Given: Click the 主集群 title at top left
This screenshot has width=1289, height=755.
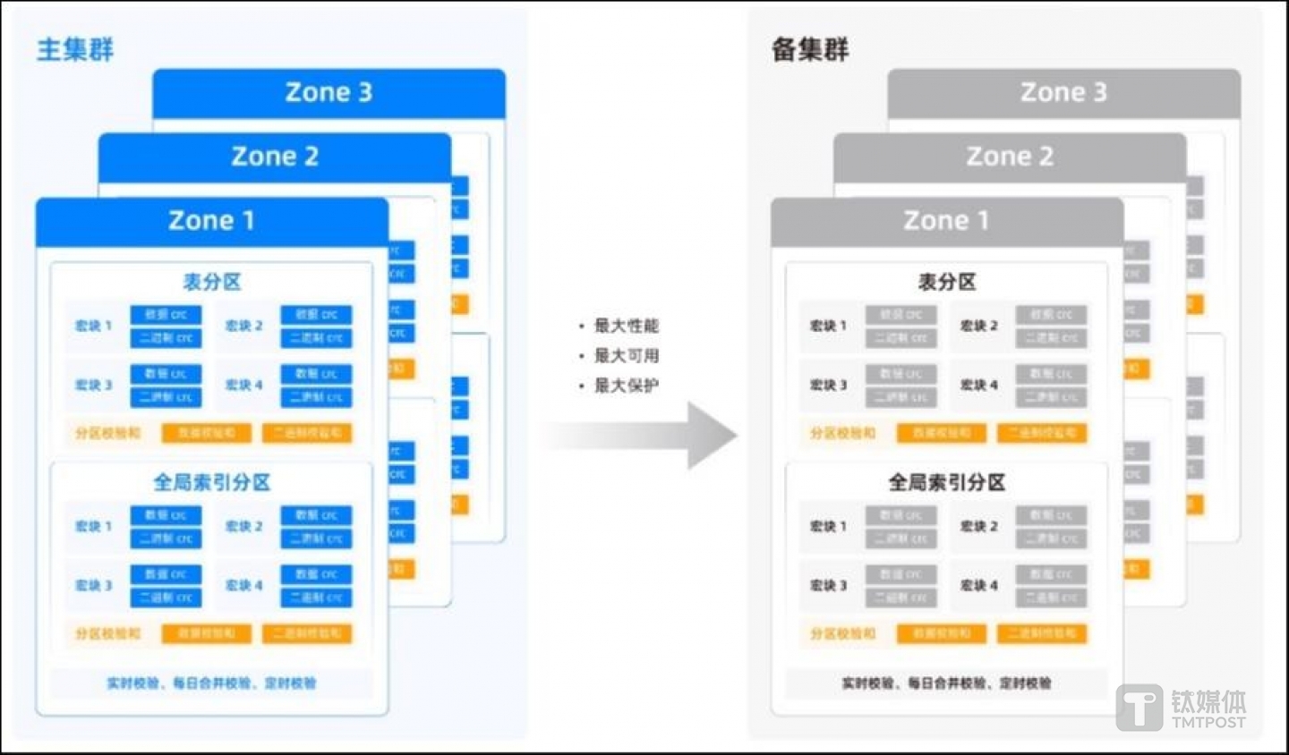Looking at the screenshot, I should [x=75, y=49].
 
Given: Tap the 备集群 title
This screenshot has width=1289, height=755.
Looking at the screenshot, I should [x=810, y=49].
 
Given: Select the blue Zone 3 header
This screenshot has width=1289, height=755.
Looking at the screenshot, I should [x=329, y=92].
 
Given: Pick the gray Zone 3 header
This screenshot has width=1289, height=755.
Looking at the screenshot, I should [x=1063, y=92].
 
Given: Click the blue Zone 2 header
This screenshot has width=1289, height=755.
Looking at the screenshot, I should [x=275, y=157].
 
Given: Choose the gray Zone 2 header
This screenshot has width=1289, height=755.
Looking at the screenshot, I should [x=1010, y=157].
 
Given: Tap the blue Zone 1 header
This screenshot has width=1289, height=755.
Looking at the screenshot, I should [x=211, y=220].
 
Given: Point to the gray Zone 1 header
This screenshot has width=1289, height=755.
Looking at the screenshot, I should [x=946, y=220].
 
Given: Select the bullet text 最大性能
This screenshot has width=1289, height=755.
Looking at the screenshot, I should [x=626, y=326].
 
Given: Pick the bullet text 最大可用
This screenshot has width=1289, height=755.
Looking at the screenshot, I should [x=626, y=356].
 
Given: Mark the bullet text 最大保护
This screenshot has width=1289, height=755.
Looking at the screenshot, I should [x=626, y=386].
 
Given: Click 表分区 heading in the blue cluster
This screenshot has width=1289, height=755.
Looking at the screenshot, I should [x=212, y=282].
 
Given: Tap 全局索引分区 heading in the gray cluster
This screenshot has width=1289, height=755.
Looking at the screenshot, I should [x=946, y=483].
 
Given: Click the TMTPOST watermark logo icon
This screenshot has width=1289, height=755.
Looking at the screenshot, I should [x=1139, y=707].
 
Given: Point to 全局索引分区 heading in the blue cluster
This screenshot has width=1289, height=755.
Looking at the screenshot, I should [x=212, y=483].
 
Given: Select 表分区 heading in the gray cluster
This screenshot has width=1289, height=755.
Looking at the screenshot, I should [x=946, y=282].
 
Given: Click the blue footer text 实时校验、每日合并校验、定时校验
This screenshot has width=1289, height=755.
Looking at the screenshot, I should [x=211, y=683].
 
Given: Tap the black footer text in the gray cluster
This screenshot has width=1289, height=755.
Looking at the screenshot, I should [x=946, y=683].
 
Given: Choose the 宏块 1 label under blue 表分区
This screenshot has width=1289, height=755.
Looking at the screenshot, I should [x=93, y=326].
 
